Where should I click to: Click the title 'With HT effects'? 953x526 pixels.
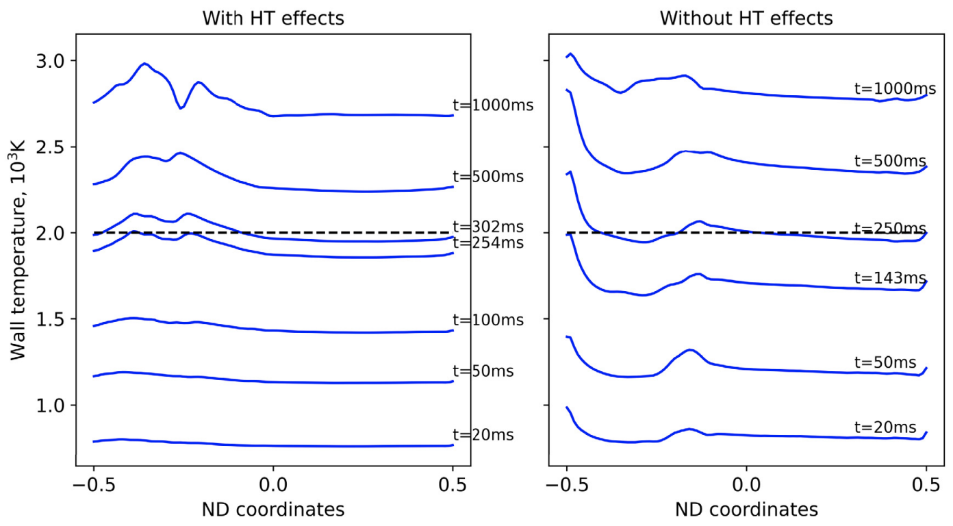coord(272,18)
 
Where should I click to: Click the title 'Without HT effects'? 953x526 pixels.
coord(746,18)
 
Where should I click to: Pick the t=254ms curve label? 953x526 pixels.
coord(488,243)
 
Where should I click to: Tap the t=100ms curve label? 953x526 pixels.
coord(488,320)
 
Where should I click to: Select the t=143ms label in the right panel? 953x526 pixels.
coord(890,278)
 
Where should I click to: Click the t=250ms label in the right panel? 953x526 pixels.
coord(890,228)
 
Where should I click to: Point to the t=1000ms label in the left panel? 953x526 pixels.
coord(492,105)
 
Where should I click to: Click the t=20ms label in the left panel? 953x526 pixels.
coord(483,435)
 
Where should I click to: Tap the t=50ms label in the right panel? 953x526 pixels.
coord(885,362)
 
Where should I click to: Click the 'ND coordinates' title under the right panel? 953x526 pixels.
coord(746,510)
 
